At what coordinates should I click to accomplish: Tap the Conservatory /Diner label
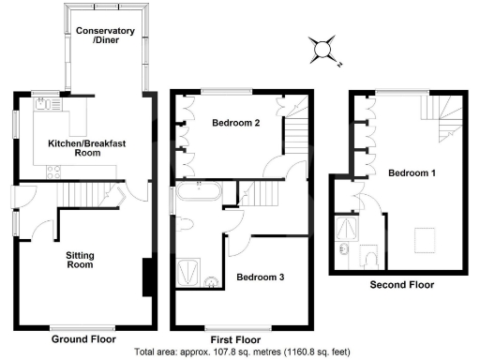coord(105,37)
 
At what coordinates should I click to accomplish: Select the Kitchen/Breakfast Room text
coord(87,146)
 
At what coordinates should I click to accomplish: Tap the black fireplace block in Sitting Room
coord(146,278)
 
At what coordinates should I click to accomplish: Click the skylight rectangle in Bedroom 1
coord(426,239)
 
